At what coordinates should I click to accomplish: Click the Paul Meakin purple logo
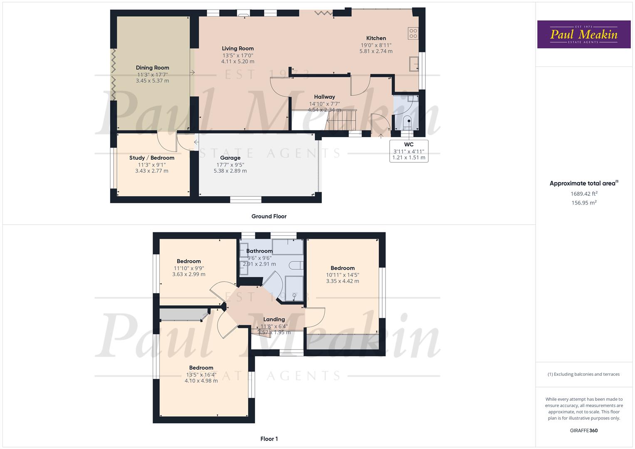coord(584,35)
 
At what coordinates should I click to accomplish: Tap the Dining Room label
coord(153,68)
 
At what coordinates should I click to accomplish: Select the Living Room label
coord(237,49)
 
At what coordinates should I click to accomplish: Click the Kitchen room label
coord(376,38)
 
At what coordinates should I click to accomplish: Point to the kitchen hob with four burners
coord(413,33)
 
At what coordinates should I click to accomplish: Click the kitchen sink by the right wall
coord(413,64)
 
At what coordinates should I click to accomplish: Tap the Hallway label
coord(324,97)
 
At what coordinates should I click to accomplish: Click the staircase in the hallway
coord(342,119)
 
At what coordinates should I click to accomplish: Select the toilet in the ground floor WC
coord(408,123)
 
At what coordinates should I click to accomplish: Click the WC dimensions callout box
coord(409,151)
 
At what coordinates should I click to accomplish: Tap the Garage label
coord(230,158)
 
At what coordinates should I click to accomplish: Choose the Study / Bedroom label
coord(152,158)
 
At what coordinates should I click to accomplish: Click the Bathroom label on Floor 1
coord(259,251)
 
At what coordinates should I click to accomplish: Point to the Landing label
coord(274,319)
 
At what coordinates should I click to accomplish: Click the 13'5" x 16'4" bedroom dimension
coord(201,375)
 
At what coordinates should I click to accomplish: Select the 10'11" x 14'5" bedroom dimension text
coord(343,275)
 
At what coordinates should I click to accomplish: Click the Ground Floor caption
coord(269,216)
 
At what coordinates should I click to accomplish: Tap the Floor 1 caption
coord(269,439)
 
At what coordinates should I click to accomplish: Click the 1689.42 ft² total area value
coord(584,194)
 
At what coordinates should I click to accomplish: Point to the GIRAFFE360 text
coord(583,430)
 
